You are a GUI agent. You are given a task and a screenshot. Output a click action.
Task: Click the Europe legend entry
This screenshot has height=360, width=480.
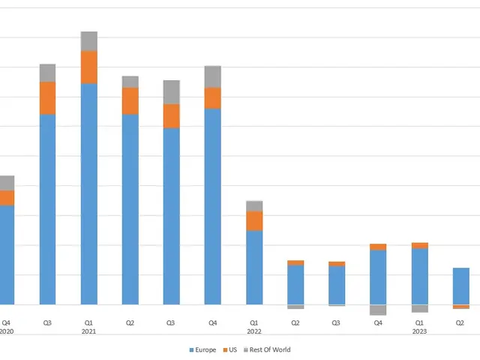point(204,349)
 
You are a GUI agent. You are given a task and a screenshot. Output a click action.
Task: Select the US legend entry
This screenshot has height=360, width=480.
point(234,349)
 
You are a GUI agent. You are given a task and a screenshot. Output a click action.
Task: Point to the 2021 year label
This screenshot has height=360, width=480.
point(89,331)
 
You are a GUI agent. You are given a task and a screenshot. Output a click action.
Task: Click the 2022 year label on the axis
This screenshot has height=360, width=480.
point(254,331)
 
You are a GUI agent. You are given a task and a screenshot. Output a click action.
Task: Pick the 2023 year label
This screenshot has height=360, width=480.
point(419,331)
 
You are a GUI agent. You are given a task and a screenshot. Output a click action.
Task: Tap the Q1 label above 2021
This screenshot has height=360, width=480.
point(89,322)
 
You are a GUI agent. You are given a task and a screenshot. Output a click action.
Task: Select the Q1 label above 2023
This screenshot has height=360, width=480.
point(419,322)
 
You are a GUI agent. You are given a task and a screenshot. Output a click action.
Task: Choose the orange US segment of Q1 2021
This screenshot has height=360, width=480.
point(89,67)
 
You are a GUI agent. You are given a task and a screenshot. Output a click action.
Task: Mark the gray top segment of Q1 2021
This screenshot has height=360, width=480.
point(89,41)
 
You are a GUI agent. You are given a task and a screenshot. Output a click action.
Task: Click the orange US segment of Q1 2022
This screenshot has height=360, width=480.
point(254,220)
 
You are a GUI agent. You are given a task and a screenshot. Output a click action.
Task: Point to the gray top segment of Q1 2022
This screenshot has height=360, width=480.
point(254,205)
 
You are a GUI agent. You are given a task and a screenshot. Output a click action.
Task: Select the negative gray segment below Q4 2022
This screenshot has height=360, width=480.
point(378,310)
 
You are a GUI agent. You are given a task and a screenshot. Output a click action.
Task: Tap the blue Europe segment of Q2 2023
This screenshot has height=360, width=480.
point(460,286)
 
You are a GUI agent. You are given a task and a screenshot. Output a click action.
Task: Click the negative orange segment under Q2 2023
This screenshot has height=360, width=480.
point(460,307)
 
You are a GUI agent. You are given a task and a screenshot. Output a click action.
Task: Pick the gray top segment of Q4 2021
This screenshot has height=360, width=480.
point(213,76)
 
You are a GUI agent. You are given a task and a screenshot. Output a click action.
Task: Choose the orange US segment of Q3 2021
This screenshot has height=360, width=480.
point(172,115)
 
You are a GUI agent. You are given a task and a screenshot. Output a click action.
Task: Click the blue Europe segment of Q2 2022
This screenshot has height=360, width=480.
point(295,284)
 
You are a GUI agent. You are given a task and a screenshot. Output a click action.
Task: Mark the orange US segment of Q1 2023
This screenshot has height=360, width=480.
point(419,245)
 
